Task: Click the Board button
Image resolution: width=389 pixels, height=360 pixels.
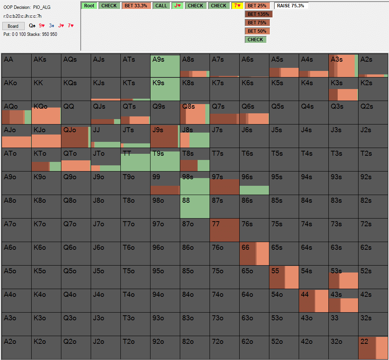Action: (13, 26)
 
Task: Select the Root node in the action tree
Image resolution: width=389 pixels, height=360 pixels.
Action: (89, 6)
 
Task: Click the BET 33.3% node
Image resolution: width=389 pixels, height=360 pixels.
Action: (136, 6)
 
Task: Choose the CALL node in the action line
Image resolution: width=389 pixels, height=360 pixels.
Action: (161, 6)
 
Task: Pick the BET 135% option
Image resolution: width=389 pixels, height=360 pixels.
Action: (258, 14)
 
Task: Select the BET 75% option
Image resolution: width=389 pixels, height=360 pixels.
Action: (257, 23)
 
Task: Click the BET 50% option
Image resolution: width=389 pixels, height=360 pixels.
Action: (257, 31)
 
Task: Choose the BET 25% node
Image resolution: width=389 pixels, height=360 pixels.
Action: (257, 6)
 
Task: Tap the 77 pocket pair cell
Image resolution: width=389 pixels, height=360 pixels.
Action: (225, 230)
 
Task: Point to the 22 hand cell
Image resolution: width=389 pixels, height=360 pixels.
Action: (373, 348)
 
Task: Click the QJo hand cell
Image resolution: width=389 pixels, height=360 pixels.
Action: (76, 136)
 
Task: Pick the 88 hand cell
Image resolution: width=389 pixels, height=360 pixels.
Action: (195, 207)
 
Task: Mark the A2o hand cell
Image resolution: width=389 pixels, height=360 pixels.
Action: (17, 348)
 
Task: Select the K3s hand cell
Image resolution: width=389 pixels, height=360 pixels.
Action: (343, 89)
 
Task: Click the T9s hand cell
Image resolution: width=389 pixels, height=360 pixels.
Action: (165, 160)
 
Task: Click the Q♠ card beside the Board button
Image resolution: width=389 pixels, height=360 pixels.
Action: (32, 26)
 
